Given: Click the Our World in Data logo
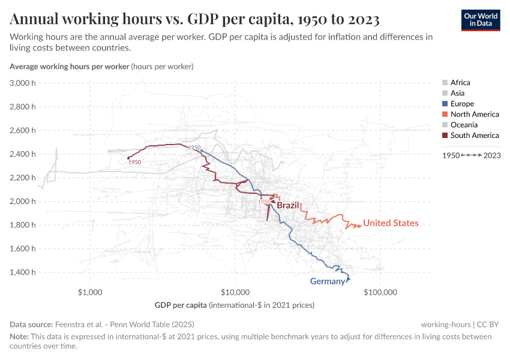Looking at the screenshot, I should [x=480, y=20].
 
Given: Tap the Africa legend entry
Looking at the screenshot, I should [x=460, y=82].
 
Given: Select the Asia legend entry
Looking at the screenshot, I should [x=457, y=93].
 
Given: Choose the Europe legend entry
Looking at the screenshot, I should [x=462, y=104].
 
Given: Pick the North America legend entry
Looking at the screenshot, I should [x=474, y=114].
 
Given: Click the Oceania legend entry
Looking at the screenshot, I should [x=464, y=125].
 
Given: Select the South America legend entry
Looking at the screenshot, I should [x=474, y=136].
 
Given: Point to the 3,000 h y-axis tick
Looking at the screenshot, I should [x=23, y=83].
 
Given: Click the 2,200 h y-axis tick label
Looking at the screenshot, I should [x=23, y=178].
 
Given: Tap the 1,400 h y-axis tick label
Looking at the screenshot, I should [x=23, y=272].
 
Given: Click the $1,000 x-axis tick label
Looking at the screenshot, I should [x=90, y=293].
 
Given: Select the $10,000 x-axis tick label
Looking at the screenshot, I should [x=235, y=293].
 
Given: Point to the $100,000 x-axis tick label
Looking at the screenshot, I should [x=381, y=293].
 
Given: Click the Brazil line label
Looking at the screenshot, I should [x=287, y=205].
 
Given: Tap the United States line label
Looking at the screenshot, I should [x=391, y=223].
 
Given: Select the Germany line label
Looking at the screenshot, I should [x=327, y=281].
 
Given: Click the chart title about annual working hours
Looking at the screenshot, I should [x=195, y=20].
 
